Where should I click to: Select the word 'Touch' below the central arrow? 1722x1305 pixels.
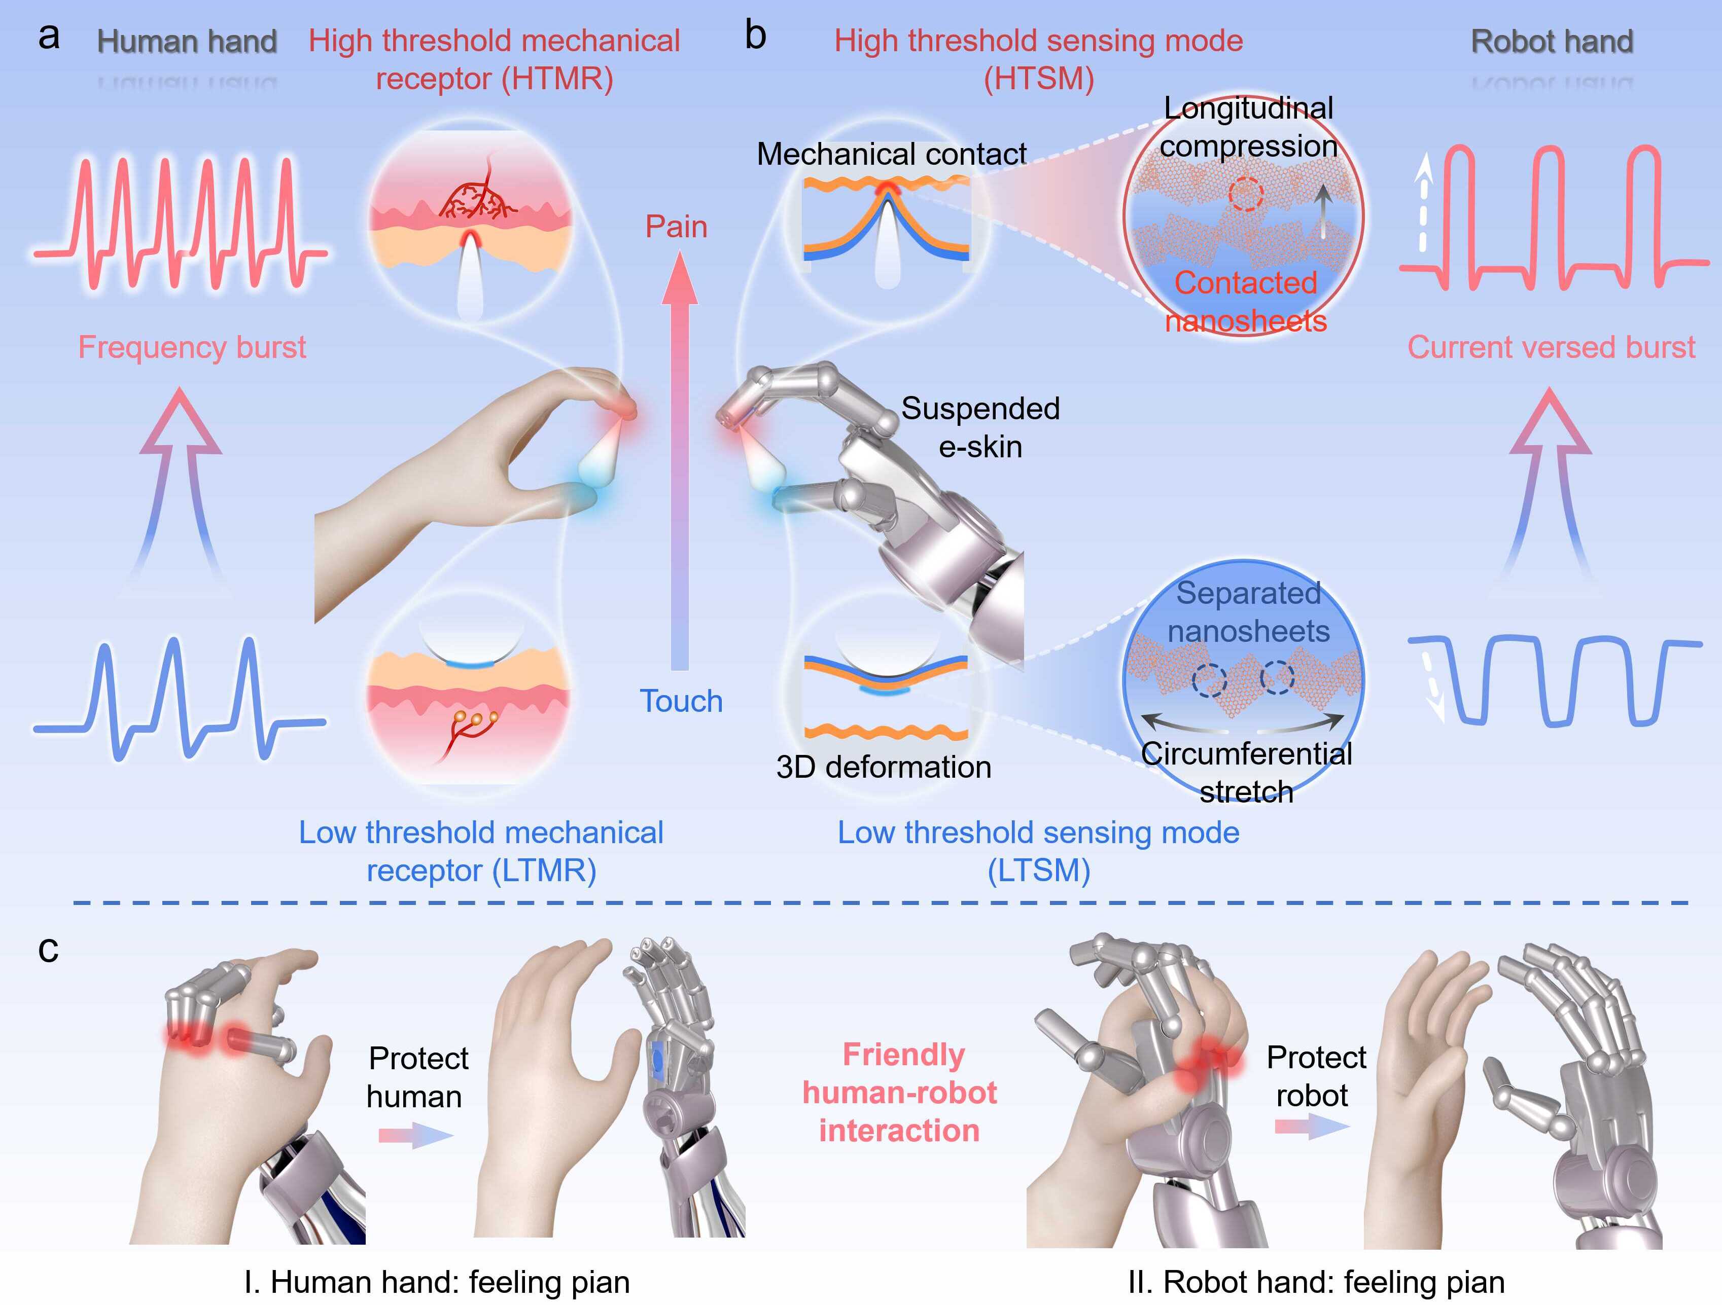pos(681,701)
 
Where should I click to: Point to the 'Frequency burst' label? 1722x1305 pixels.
pos(192,347)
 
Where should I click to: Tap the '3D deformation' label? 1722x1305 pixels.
pos(884,767)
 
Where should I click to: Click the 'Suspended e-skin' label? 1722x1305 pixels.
pos(980,427)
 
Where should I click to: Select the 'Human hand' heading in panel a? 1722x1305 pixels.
pos(187,41)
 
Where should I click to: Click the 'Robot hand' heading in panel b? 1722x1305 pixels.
pos(1552,41)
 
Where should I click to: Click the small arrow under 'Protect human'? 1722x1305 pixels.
pos(415,1135)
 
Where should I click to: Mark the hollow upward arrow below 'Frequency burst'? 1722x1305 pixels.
pos(181,483)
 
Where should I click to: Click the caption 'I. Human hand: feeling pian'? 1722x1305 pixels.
pos(437,1282)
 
